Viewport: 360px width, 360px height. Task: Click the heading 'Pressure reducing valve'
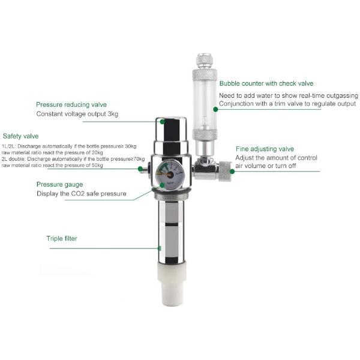[x=71, y=104]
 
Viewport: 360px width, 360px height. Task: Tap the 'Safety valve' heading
[x=20, y=136]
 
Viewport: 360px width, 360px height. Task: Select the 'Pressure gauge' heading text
[x=59, y=185]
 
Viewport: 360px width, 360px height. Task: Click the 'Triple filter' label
[x=62, y=238]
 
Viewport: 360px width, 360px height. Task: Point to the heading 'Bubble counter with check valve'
[x=266, y=83]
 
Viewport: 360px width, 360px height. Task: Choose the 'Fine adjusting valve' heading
[x=265, y=149]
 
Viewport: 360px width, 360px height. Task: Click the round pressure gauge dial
[x=170, y=175]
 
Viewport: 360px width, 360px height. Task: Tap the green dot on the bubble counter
[x=215, y=109]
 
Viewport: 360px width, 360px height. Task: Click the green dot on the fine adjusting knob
[x=232, y=171]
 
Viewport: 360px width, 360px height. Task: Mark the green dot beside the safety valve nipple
[x=140, y=169]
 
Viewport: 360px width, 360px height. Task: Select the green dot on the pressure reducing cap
[x=163, y=121]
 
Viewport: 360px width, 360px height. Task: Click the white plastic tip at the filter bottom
[x=172, y=284]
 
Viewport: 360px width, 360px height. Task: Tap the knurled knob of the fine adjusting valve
[x=224, y=171]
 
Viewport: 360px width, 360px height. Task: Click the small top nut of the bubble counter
[x=205, y=61]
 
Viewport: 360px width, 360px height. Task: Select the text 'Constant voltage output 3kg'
[x=77, y=114]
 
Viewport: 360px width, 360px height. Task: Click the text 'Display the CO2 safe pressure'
[x=82, y=194]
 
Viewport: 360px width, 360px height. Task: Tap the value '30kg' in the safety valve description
[x=131, y=146]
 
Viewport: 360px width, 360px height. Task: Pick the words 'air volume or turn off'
[x=265, y=166]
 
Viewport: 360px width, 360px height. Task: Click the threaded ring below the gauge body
[x=171, y=195]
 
